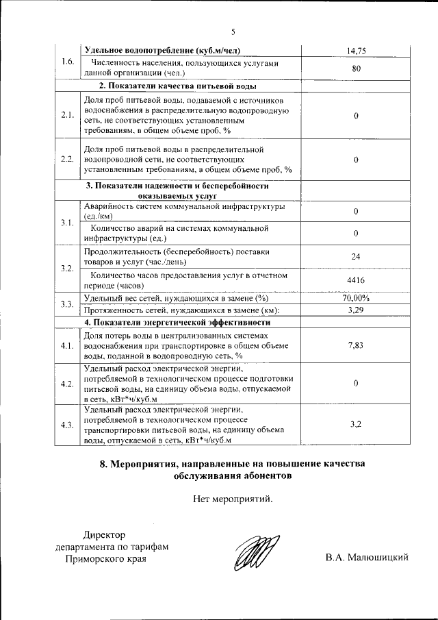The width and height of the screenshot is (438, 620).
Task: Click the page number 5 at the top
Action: point(233,32)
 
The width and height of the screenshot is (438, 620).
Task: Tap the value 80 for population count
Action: point(356,69)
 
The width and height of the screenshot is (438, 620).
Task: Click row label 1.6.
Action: point(67,62)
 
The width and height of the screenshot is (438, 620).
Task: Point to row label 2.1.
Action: point(67,115)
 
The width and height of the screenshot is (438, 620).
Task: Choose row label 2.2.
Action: point(67,159)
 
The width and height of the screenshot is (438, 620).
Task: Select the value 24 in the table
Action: point(356,256)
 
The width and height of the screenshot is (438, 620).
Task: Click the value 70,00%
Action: point(356,298)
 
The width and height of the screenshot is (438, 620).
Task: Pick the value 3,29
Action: point(356,310)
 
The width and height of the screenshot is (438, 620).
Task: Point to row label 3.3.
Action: point(67,304)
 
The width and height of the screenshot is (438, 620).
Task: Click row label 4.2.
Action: point(67,384)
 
